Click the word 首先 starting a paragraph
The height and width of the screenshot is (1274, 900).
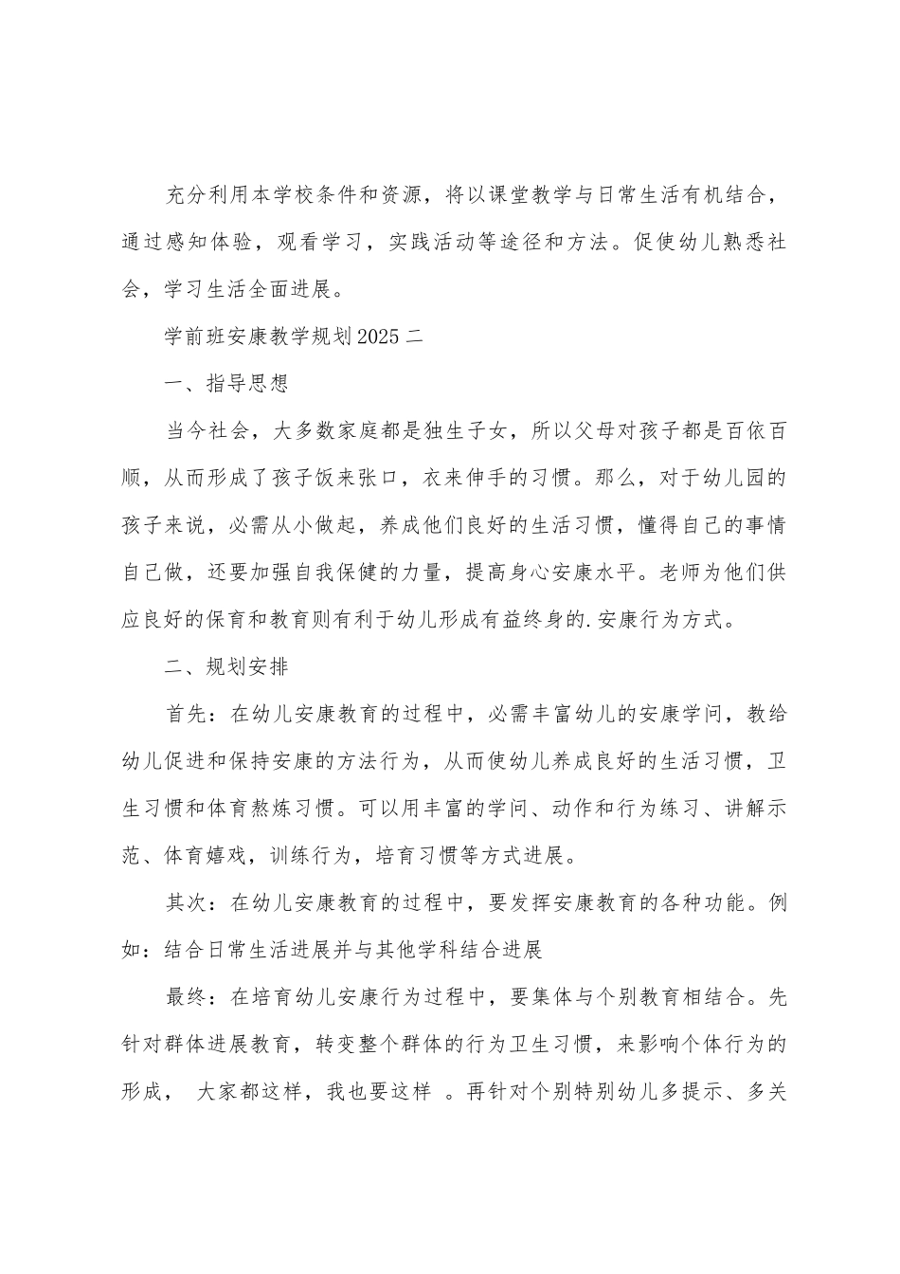[x=187, y=714]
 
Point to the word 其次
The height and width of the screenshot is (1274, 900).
[x=187, y=902]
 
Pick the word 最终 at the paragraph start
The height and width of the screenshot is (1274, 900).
[x=187, y=997]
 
